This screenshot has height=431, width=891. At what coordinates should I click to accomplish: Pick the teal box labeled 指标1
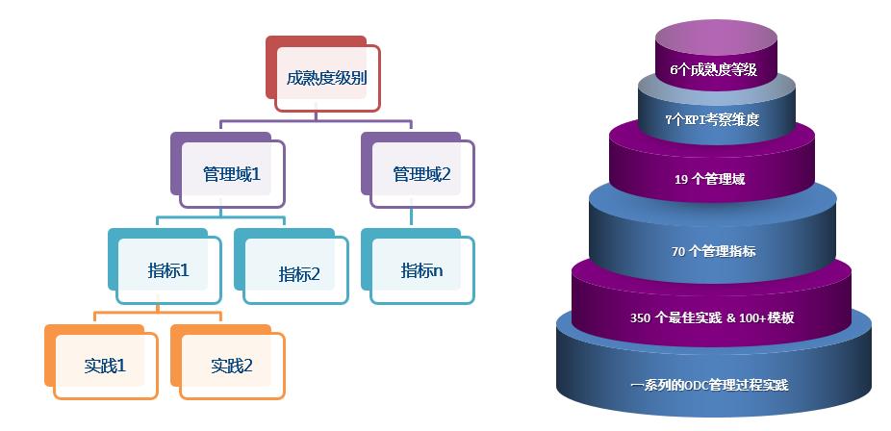click(169, 270)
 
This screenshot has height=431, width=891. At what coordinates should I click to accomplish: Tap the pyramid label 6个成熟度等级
click(713, 70)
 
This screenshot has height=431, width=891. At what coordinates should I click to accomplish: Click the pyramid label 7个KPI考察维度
click(712, 120)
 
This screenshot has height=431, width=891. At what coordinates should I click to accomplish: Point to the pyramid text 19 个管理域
click(711, 178)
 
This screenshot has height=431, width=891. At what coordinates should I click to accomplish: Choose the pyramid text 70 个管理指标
click(713, 252)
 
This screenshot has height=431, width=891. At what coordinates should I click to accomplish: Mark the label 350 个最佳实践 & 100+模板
click(711, 318)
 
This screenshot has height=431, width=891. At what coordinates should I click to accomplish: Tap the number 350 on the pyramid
click(640, 318)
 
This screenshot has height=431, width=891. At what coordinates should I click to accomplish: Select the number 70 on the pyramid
click(678, 252)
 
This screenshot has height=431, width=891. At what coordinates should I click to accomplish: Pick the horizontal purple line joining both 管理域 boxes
click(317, 122)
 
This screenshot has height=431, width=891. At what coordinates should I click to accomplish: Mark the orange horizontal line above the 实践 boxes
click(158, 313)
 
